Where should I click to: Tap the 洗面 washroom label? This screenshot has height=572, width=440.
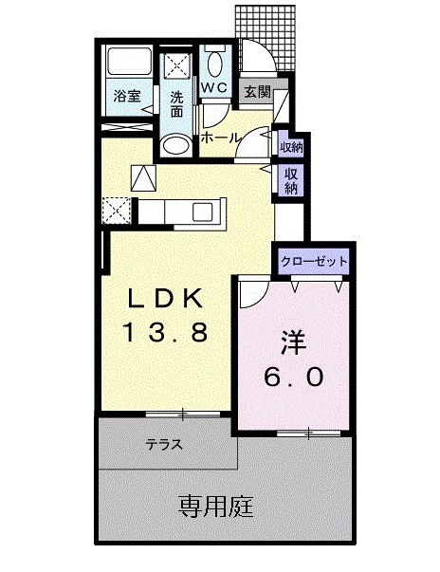(177, 102)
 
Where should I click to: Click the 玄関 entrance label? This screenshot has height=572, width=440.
(255, 92)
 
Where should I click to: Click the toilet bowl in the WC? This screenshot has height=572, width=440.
(214, 65)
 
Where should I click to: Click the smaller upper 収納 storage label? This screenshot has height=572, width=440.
(291, 147)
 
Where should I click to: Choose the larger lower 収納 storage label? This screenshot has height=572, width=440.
(290, 180)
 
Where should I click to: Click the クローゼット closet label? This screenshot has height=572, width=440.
(314, 260)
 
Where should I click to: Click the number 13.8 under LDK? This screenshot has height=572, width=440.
(166, 333)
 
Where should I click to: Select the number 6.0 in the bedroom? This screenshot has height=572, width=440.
(293, 377)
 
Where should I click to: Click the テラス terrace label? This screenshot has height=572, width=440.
(164, 444)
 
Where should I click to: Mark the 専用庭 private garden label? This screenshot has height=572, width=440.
(215, 507)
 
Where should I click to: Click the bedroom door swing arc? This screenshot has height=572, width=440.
(252, 294)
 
